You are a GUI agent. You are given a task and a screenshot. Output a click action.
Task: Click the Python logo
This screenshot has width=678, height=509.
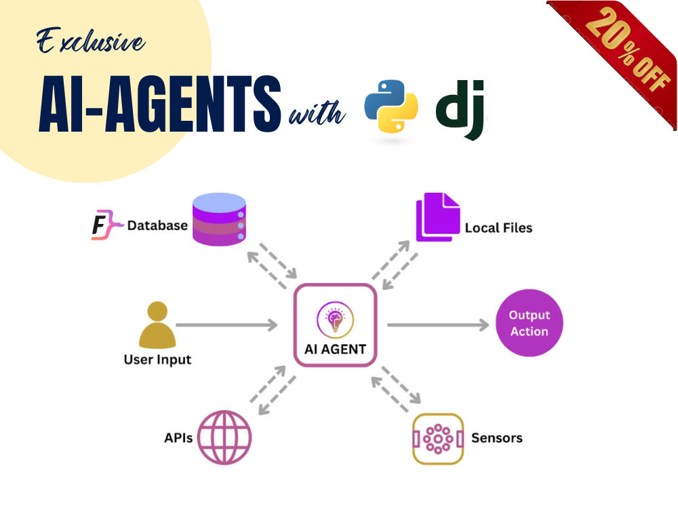click(x=391, y=107)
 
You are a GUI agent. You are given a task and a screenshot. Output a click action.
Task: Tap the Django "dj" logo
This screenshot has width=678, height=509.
click(x=460, y=110)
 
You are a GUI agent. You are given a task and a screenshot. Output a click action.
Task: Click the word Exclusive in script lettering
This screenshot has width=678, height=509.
click(x=90, y=41)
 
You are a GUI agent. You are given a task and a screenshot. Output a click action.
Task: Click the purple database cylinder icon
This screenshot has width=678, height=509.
click(x=219, y=219)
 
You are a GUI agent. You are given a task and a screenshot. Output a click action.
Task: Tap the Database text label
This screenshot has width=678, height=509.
click(x=157, y=225)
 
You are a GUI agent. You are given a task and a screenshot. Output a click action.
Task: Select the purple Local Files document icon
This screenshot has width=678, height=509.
click(x=437, y=217)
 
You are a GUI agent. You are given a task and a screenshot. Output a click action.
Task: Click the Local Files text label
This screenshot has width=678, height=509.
click(x=498, y=227)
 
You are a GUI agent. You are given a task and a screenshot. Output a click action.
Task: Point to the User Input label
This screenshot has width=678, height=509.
click(x=157, y=360)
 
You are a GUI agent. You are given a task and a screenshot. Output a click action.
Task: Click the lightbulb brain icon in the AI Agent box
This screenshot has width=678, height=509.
click(x=335, y=320)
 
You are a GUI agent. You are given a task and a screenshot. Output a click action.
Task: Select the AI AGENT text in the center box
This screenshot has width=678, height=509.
click(x=335, y=350)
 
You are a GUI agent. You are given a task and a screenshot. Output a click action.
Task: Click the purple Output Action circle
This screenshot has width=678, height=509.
click(x=530, y=323)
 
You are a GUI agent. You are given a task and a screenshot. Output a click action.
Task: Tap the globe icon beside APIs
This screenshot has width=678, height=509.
click(x=224, y=438)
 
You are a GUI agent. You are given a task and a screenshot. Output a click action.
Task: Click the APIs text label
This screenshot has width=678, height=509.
click(x=178, y=438)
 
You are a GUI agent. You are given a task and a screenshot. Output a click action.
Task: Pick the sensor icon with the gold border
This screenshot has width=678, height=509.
click(x=438, y=439)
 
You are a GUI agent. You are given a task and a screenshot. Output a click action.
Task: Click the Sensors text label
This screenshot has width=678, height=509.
click(x=497, y=438)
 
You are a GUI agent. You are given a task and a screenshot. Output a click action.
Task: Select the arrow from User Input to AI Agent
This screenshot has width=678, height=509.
click(x=226, y=324)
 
